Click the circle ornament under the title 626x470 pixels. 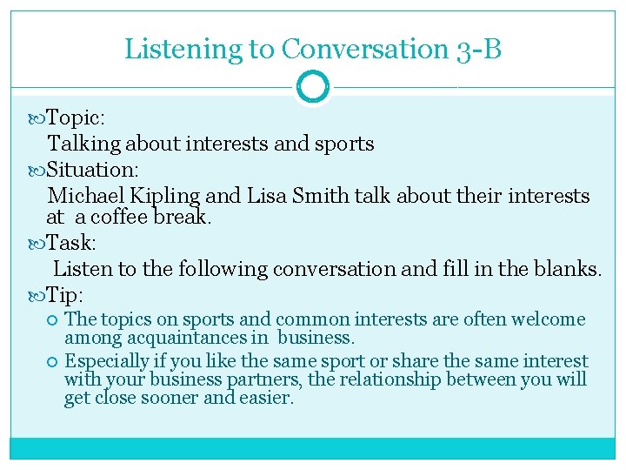(313, 87)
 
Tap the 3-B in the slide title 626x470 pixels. (478, 49)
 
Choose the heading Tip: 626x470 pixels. (65, 294)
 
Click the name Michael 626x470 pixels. (86, 196)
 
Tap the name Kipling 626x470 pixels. (166, 196)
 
